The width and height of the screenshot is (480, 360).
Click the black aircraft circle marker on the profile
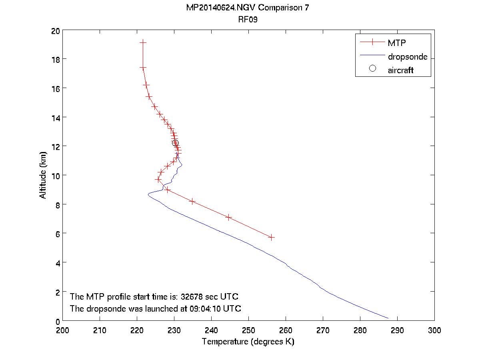tap(175, 143)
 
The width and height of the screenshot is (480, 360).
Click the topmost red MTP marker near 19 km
tap(143, 42)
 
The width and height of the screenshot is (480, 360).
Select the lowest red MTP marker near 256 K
tap(272, 237)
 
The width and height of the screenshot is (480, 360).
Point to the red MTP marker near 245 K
tap(229, 217)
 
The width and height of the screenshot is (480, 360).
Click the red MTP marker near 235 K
tap(192, 201)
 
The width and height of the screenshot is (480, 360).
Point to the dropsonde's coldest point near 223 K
tap(148, 194)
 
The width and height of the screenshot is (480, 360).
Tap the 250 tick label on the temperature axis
tap(248, 330)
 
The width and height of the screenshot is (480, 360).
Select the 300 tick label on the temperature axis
tap(434, 330)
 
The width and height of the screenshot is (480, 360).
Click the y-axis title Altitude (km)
tap(43, 175)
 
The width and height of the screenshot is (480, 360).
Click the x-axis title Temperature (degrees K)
tap(248, 342)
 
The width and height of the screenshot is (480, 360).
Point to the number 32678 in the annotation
tap(192, 297)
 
